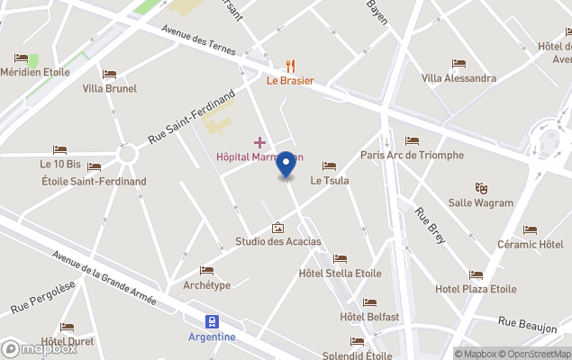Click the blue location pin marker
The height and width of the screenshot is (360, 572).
point(286,165)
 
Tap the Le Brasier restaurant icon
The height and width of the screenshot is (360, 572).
point(290,65)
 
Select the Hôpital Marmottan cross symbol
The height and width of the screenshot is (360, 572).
point(260,142)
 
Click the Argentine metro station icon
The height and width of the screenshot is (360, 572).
point(213,321)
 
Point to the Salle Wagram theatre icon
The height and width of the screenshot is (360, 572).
point(481,188)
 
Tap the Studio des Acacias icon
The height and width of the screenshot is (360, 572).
point(277,228)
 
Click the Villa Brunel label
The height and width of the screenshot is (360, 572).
point(109,88)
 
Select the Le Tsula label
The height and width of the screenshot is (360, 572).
point(329,180)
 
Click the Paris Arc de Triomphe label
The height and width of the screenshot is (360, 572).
point(412,155)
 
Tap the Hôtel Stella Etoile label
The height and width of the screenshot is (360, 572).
point(340,273)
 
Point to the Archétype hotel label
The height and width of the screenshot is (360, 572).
point(206,285)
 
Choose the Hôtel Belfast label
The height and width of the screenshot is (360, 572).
point(369,316)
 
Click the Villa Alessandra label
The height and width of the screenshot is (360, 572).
point(459,77)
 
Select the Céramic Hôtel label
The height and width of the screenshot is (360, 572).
point(530,244)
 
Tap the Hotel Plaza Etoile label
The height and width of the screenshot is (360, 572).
point(476,289)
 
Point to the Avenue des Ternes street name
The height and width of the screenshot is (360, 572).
point(198,40)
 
